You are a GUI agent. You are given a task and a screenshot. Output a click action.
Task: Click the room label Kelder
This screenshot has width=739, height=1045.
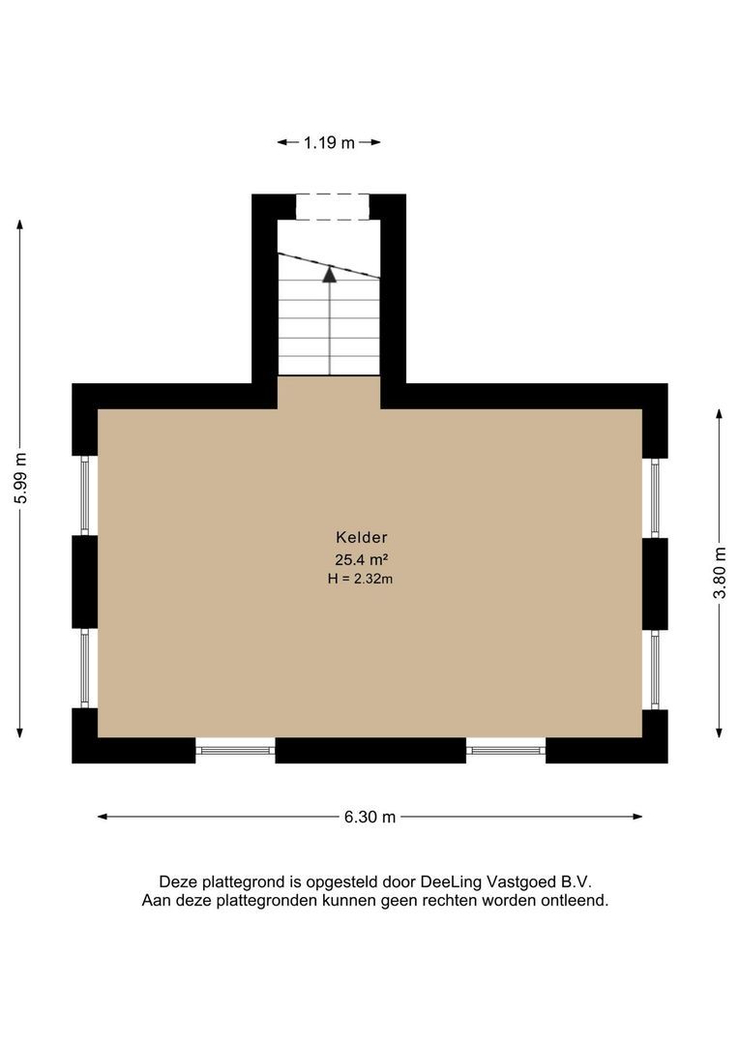pos(361,537)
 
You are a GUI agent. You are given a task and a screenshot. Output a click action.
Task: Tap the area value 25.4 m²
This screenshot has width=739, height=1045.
pos(361,559)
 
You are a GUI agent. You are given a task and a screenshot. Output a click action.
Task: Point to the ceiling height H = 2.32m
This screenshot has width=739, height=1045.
pos(361,580)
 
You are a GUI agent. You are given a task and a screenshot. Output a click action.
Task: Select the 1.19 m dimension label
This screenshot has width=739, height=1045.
pos(329,142)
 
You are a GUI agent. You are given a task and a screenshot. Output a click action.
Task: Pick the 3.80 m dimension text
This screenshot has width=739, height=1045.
pos(720,573)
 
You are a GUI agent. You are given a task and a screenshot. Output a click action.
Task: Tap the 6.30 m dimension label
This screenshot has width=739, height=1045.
pos(369,817)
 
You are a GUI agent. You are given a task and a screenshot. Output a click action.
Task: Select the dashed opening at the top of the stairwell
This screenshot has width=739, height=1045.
pos(332,207)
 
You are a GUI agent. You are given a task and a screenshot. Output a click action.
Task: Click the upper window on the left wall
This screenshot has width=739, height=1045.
pos(85,495)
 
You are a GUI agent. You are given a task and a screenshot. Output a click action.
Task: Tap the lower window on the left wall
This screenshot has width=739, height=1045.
pos(85,669)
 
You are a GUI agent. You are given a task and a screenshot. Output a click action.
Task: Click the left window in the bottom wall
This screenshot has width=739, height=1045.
pos(235,750)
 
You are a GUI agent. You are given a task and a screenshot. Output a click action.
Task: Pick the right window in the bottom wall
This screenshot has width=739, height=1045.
pos(506,750)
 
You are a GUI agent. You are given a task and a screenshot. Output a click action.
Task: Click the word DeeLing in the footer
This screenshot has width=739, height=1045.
pos(448,881)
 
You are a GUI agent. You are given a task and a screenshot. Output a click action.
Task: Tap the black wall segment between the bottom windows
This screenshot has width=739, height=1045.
pos(370,750)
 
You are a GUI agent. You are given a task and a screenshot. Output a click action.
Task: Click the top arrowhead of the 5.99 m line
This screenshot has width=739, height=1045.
pos(20,225)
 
